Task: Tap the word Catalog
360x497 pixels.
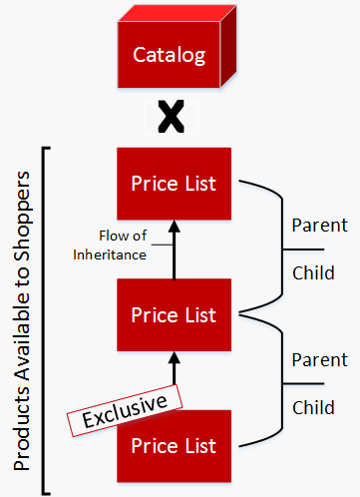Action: coord(170,55)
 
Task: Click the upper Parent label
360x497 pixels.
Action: coord(319,226)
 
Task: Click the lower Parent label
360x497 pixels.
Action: coord(319,360)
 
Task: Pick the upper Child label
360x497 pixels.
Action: coord(314,273)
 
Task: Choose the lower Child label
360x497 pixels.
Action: coord(314,407)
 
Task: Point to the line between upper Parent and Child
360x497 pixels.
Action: coord(317,248)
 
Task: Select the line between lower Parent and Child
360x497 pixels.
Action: coord(317,383)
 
